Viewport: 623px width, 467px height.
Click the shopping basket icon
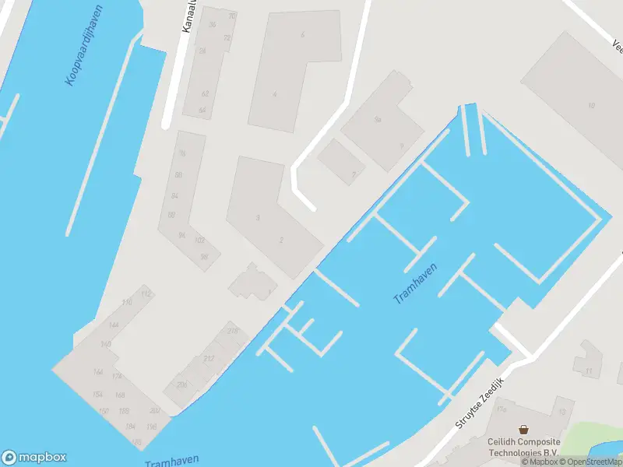(x=524, y=430)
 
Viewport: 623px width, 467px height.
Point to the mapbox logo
(x=33, y=458)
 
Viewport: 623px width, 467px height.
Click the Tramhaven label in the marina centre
(x=415, y=283)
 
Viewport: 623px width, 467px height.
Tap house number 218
(x=232, y=331)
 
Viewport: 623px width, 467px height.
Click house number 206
(x=182, y=384)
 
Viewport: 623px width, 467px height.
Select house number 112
(x=146, y=293)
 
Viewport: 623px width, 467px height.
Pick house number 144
(x=114, y=325)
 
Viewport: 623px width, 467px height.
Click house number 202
(x=155, y=411)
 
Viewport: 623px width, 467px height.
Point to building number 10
(x=592, y=106)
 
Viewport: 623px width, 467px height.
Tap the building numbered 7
(x=354, y=174)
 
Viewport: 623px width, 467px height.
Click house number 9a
(x=378, y=120)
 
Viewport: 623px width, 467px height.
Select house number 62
(x=205, y=93)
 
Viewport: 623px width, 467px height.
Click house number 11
(x=589, y=370)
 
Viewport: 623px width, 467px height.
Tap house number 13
(x=562, y=410)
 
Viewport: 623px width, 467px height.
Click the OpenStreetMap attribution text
(x=590, y=462)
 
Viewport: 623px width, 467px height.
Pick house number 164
(x=98, y=372)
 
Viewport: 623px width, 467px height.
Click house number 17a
(x=501, y=409)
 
